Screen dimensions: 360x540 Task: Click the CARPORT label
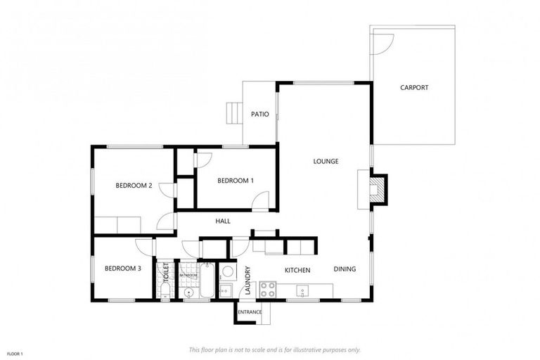coord(414,88)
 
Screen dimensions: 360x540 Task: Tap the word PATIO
coord(260,114)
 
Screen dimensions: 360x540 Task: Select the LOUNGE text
coord(326,161)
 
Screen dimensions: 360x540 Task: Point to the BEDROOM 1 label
coord(236,181)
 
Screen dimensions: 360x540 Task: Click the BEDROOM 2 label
coord(134,186)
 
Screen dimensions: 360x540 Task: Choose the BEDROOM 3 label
coord(123,269)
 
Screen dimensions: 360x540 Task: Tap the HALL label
coord(223,221)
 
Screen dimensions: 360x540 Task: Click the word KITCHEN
coord(297,270)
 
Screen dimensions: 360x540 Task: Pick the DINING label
coord(345,269)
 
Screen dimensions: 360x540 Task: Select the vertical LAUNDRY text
coord(248,276)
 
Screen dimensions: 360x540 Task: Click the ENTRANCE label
coord(250,311)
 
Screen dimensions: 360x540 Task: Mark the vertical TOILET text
coord(166,273)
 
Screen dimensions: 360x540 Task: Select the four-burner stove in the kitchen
coord(267,288)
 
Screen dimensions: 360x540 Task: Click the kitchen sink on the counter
coord(302,289)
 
